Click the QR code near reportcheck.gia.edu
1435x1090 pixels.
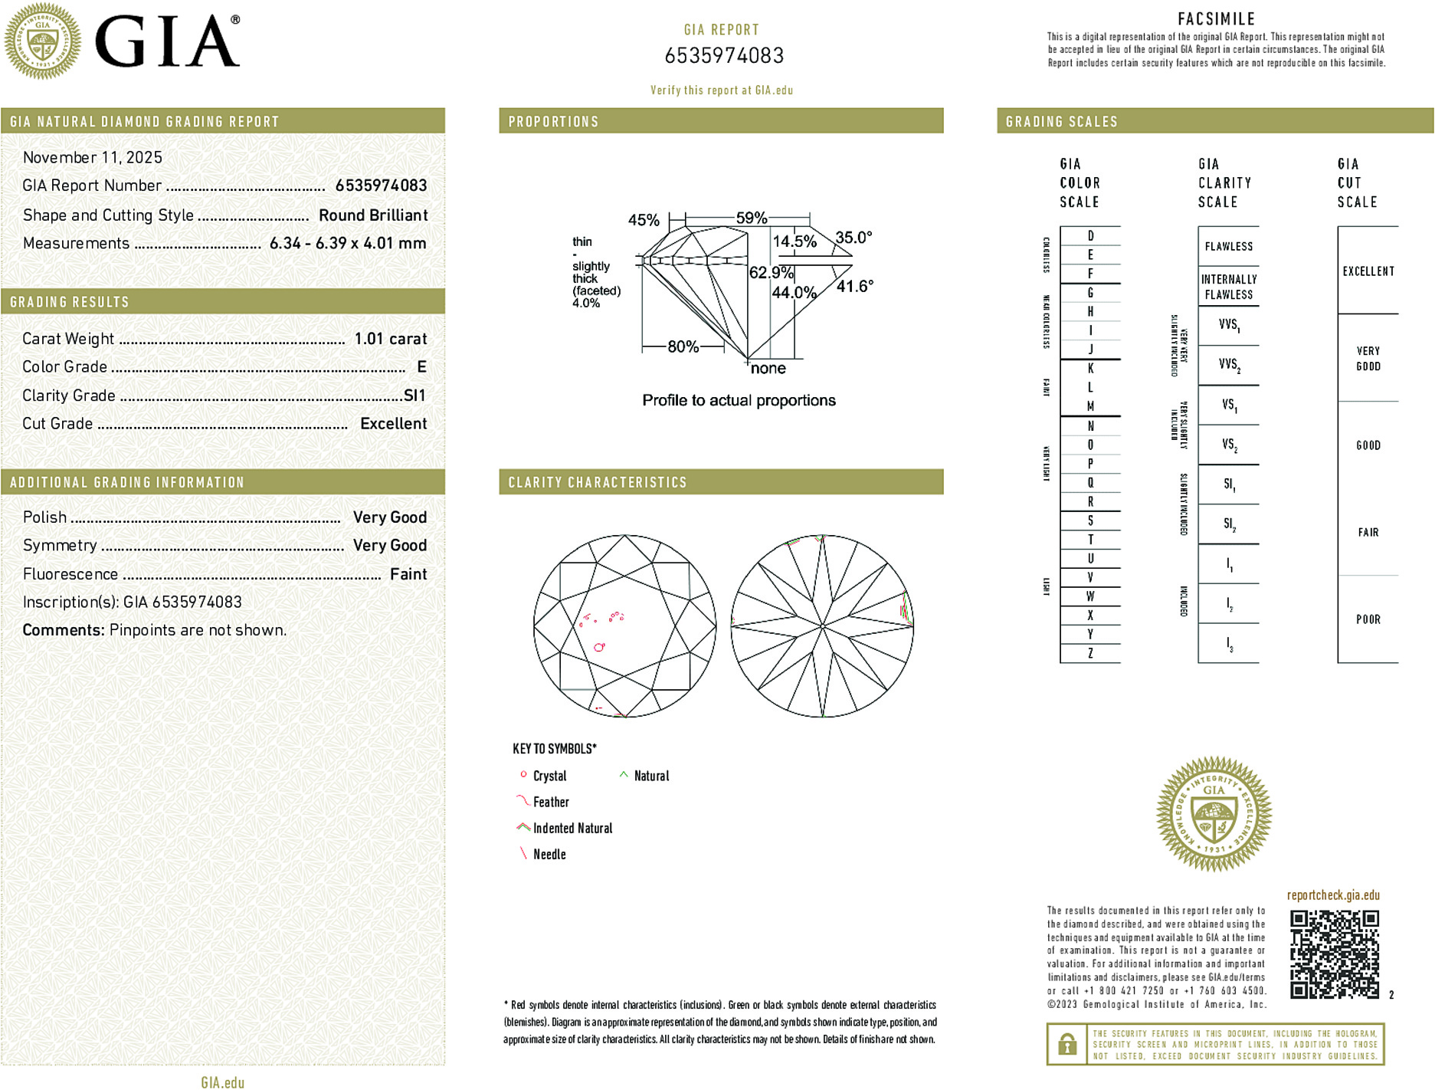pyautogui.click(x=1334, y=954)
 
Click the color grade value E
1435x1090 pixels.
pyautogui.click(x=421, y=367)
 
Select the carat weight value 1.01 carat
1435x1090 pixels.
pyautogui.click(x=390, y=339)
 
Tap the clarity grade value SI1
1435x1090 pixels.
pyautogui.click(x=414, y=396)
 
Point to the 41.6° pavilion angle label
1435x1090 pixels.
pyautogui.click(x=854, y=287)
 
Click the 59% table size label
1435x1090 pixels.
pyautogui.click(x=751, y=218)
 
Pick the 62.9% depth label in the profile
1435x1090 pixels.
pyautogui.click(x=771, y=273)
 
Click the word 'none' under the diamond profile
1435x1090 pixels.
pyautogui.click(x=768, y=369)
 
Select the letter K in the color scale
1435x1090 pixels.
pyautogui.click(x=1090, y=369)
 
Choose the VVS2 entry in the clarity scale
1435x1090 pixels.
pyautogui.click(x=1229, y=365)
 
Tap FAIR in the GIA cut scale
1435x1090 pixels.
pyautogui.click(x=1368, y=532)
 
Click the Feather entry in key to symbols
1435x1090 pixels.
pyautogui.click(x=551, y=803)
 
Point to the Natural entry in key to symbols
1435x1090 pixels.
pyautogui.click(x=651, y=776)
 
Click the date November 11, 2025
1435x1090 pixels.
pyautogui.click(x=93, y=158)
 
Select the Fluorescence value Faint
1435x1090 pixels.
pyautogui.click(x=408, y=574)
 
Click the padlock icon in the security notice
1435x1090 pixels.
pyautogui.click(x=1066, y=1045)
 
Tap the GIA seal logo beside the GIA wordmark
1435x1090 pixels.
pyautogui.click(x=42, y=41)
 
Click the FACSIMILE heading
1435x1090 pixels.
pyautogui.click(x=1216, y=19)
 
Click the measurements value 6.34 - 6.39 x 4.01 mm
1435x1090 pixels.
pyautogui.click(x=348, y=244)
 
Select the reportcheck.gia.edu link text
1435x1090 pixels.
pyautogui.click(x=1333, y=895)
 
